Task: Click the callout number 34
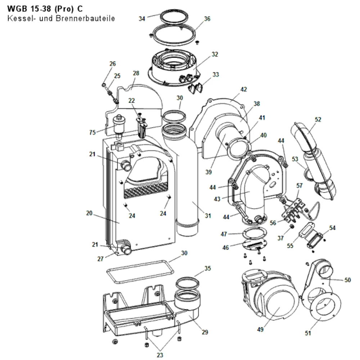tap(142, 19)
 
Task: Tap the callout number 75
tap(92, 132)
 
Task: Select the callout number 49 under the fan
tap(260, 329)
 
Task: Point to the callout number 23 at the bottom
tap(160, 355)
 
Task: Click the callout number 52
tap(318, 120)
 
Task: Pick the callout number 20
tap(89, 213)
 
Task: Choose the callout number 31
tap(208, 216)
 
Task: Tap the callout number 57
tap(300, 185)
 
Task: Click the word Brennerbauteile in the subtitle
tap(85, 18)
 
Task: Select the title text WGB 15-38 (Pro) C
tap(45, 9)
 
